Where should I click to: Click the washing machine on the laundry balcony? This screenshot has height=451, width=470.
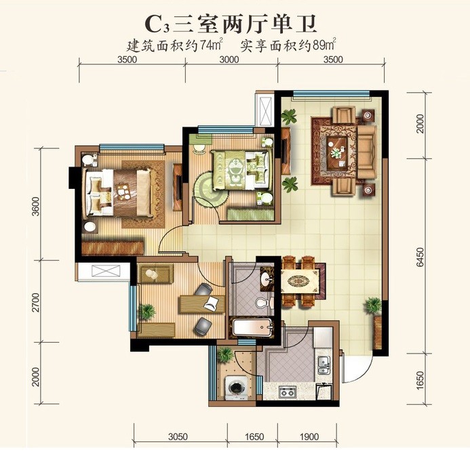[x=237, y=387]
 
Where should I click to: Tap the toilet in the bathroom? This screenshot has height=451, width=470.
[x=263, y=303]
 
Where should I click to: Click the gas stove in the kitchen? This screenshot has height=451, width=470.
[x=288, y=391]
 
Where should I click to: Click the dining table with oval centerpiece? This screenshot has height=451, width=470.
[x=300, y=281]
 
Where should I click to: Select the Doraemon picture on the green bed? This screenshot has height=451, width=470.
[x=236, y=170]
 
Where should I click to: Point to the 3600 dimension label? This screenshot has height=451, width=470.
[x=36, y=206]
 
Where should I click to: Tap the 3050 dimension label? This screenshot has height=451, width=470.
[x=178, y=437]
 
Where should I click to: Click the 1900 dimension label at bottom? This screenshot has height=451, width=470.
[x=309, y=437]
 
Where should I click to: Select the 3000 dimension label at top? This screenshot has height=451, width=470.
[x=229, y=60]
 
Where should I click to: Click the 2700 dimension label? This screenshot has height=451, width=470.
[x=36, y=302]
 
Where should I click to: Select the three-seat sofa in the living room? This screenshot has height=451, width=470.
[x=366, y=152]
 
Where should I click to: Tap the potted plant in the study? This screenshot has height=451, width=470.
[x=147, y=312]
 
